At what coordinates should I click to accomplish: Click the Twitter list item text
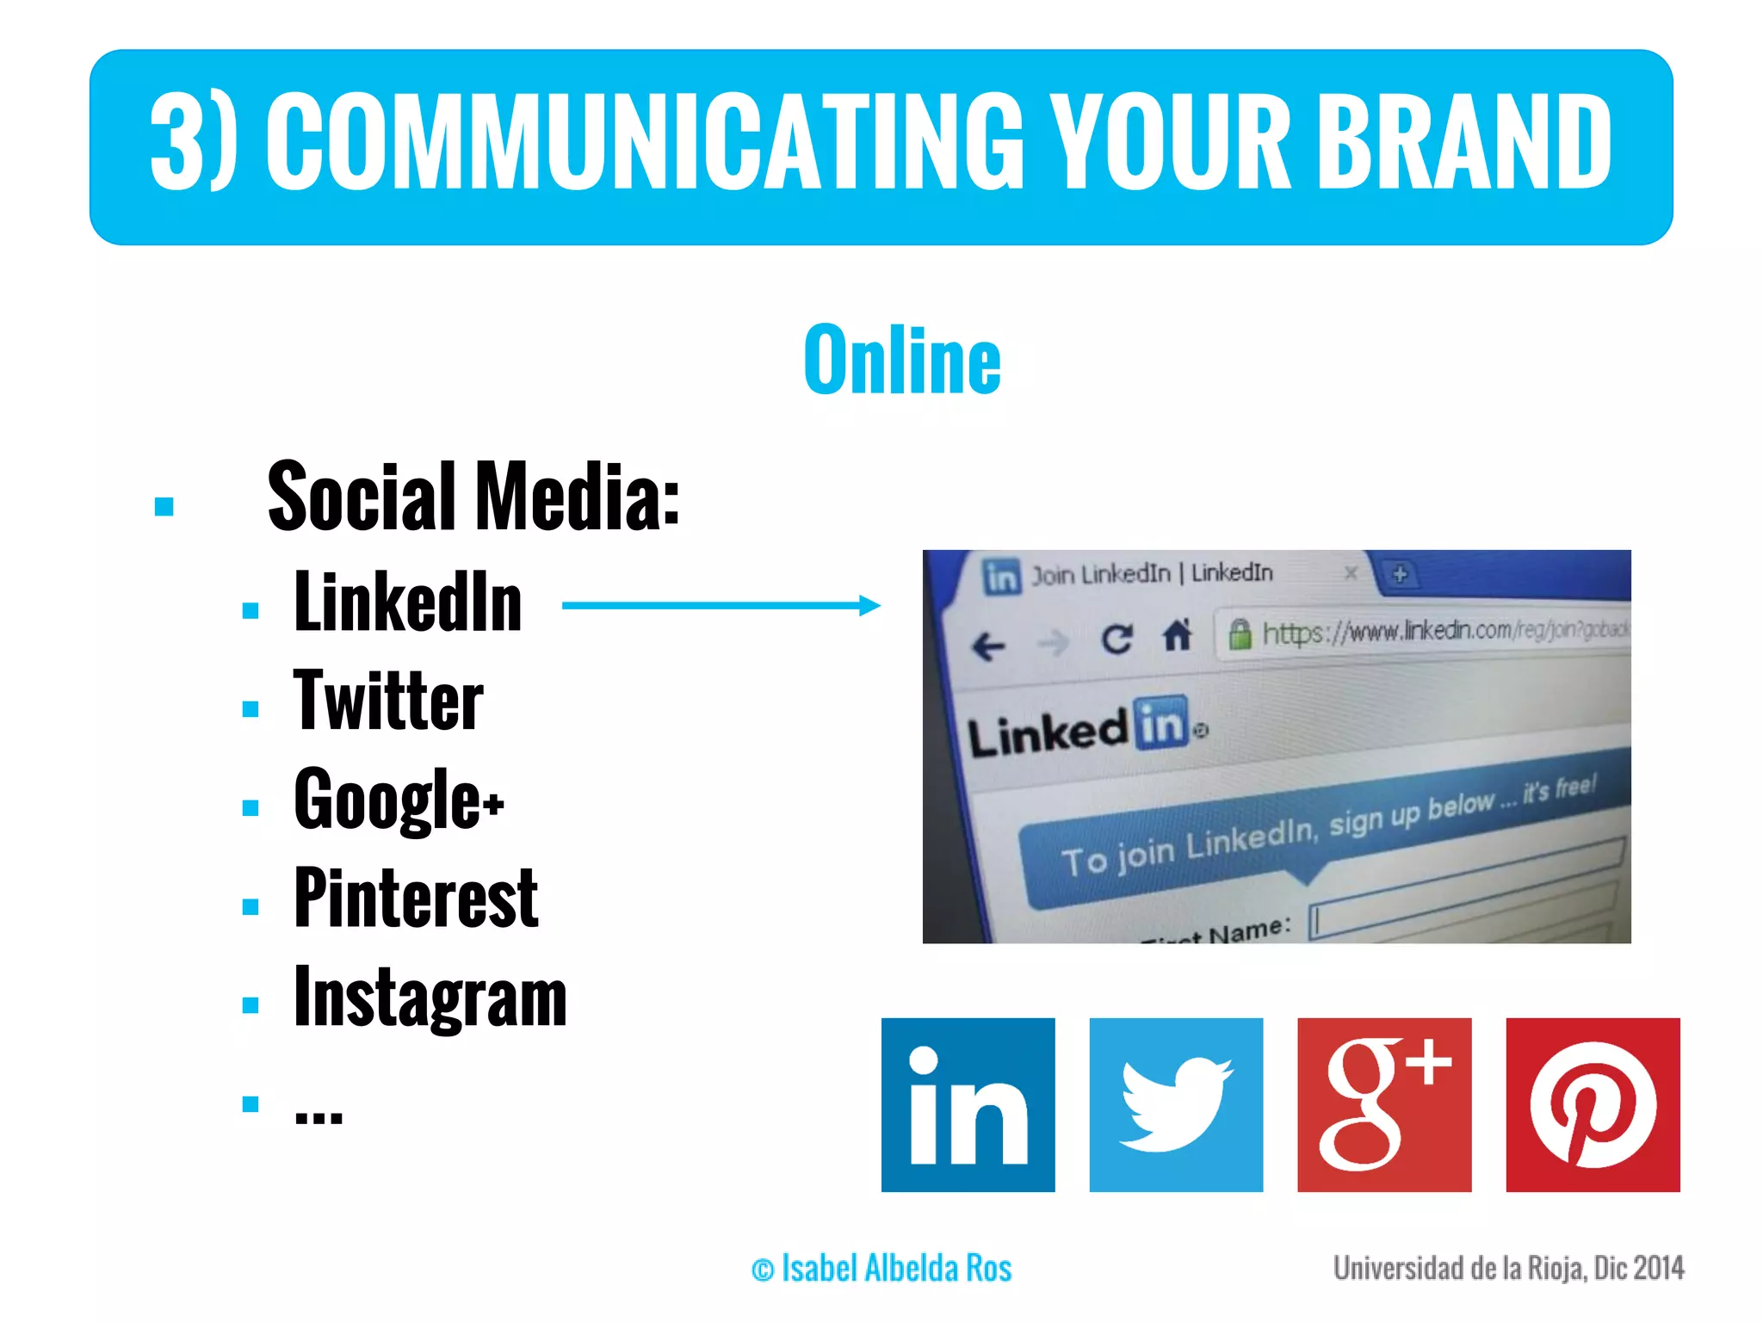388,701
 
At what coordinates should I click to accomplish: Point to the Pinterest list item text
416,899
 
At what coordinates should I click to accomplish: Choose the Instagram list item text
430,998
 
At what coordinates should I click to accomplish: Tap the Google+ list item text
399,800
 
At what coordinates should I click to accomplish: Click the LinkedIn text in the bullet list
408,602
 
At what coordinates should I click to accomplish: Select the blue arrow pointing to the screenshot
721,606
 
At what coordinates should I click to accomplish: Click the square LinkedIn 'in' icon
968,1105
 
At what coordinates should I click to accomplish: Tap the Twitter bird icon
1176,1105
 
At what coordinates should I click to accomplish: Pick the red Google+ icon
1384,1105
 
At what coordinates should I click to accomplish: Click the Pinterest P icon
1593,1105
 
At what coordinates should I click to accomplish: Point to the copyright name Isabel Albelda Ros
881,1269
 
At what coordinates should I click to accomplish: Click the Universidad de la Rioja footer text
1508,1269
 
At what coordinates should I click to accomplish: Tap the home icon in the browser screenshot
1177,637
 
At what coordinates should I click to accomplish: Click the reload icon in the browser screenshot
1117,639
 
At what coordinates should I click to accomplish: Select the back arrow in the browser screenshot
988,646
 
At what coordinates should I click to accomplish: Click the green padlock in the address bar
1240,634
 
